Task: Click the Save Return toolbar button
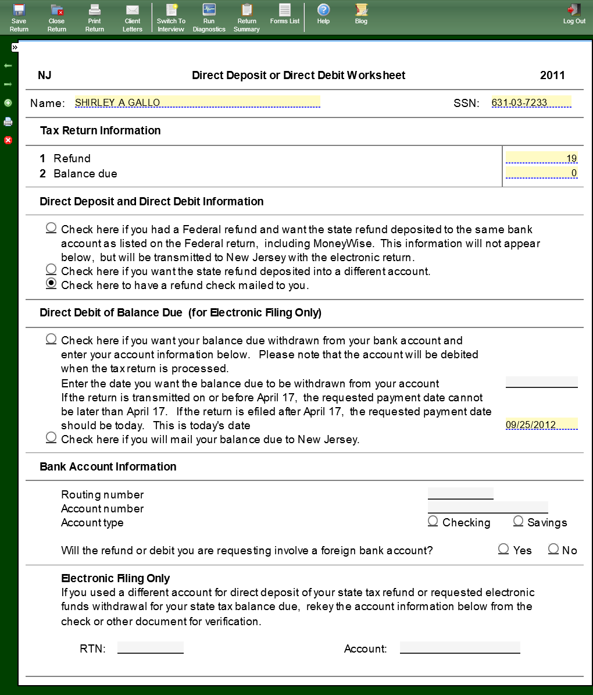19,16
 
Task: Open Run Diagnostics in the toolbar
209,16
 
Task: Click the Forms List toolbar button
285,14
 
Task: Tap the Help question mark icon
323,10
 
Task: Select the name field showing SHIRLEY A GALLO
197,102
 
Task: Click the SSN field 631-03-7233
531,102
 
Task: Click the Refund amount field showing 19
541,158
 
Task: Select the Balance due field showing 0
541,173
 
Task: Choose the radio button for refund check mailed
51,284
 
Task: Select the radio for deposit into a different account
51,269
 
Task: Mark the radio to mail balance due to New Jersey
51,437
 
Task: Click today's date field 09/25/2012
541,425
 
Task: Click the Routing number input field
460,494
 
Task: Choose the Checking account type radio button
433,521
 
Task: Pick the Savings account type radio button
519,521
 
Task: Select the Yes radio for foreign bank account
503,548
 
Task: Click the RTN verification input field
150,648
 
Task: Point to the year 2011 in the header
552,75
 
